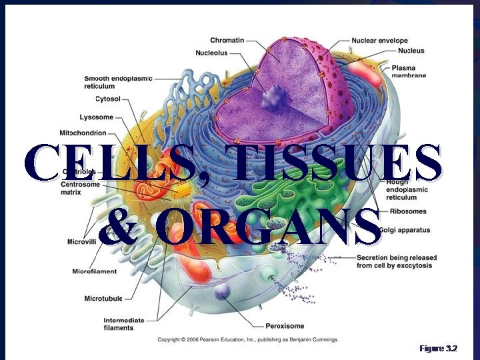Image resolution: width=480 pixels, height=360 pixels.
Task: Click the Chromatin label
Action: click(227, 41)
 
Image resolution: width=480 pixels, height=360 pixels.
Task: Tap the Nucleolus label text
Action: click(211, 53)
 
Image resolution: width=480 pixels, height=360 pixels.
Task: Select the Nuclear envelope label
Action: click(379, 41)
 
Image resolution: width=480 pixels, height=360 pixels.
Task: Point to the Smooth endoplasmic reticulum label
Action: click(118, 82)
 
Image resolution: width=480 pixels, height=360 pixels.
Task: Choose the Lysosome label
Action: click(96, 117)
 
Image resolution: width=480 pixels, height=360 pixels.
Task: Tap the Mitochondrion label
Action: click(83, 133)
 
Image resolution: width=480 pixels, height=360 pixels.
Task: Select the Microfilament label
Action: click(95, 271)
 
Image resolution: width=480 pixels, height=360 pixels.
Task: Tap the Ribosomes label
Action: click(408, 211)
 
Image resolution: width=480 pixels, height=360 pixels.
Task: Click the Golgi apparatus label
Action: click(405, 230)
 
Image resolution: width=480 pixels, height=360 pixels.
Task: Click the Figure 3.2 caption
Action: click(438, 349)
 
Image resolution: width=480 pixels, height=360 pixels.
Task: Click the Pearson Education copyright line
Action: click(248, 339)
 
